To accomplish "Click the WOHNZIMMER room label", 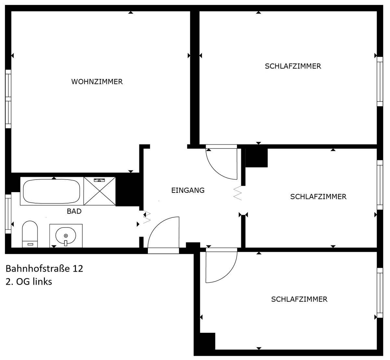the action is tap(97, 81).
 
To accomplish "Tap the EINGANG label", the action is tap(188, 190).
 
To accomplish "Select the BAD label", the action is tap(74, 211).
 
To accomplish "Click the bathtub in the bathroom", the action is tap(52, 191).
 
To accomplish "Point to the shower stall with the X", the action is tap(99, 191).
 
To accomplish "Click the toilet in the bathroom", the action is tap(30, 234).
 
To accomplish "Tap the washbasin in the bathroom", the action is tap(66, 236).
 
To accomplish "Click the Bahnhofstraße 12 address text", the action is tap(45, 268).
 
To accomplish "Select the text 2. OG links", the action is tap(29, 282).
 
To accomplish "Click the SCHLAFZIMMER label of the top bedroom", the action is tap(293, 66).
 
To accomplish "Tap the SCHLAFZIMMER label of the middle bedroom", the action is tap(318, 197).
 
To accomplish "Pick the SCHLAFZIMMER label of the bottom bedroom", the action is tap(299, 299).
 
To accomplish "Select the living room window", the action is tap(8, 99).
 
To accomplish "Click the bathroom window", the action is tap(8, 214).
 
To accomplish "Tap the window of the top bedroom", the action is tap(380, 81).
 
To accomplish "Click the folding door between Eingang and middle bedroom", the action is tap(238, 193).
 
